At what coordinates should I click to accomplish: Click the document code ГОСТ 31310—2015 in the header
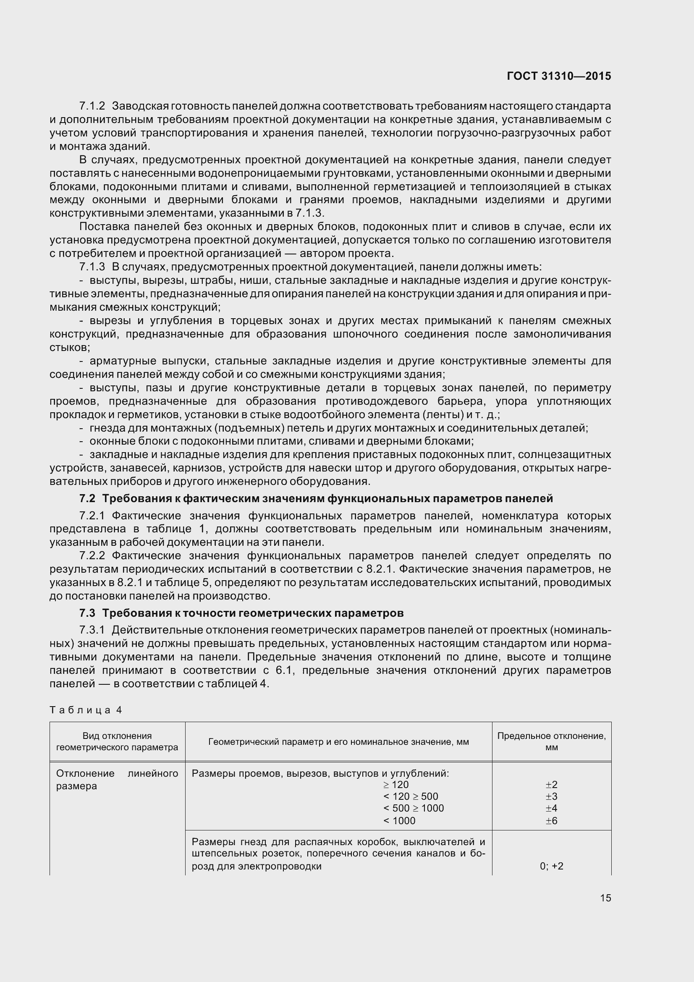point(558,76)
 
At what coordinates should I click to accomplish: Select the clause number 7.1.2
point(92,106)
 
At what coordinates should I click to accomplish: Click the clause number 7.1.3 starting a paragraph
point(92,267)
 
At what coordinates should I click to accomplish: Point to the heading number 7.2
point(87,498)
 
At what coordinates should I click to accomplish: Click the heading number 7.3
point(87,613)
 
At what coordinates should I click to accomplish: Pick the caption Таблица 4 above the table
point(86,710)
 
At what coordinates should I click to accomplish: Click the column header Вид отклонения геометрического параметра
point(117,741)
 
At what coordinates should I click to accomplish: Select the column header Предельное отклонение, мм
point(551,741)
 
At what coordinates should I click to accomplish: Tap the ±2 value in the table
point(551,784)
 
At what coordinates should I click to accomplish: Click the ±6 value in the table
point(551,820)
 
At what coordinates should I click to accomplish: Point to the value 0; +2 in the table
point(551,866)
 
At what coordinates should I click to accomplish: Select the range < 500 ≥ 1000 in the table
point(414,808)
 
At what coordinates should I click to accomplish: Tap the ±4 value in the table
point(551,808)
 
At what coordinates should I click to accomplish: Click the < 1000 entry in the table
point(399,820)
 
